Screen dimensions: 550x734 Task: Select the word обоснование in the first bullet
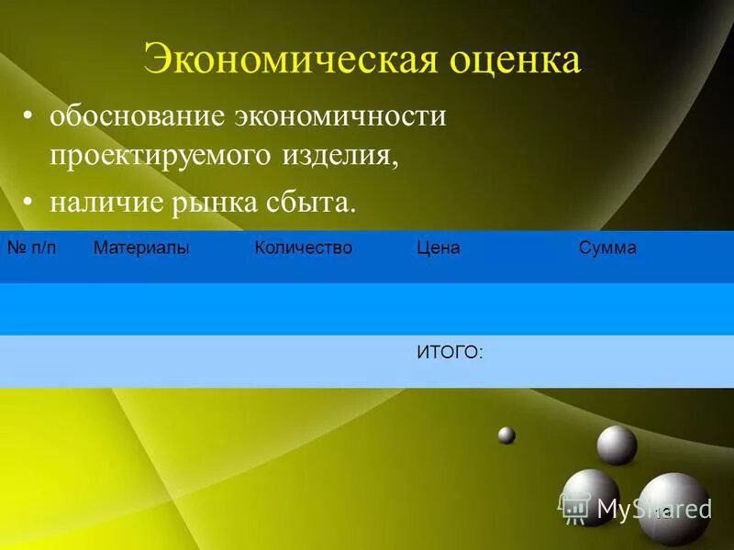137,116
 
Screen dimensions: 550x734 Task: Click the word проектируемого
161,155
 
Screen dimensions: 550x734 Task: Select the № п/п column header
32,248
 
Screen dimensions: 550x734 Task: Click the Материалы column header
141,248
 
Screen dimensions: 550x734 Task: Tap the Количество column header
303,248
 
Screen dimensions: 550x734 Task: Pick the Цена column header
438,248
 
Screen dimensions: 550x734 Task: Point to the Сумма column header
607,248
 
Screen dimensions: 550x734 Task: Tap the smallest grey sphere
506,435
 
